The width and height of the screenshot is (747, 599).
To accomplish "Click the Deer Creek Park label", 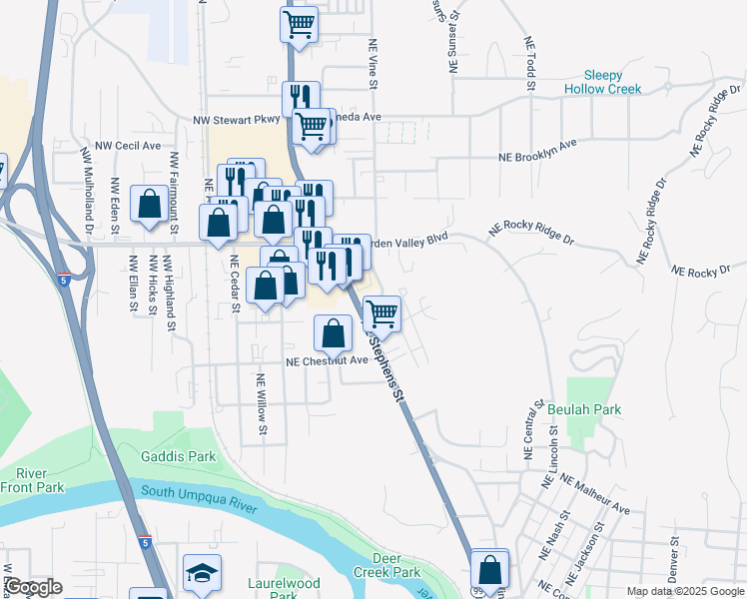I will tap(386, 565).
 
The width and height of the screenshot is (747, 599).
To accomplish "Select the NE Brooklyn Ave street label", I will tap(538, 151).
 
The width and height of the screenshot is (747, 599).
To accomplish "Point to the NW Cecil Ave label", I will tap(128, 145).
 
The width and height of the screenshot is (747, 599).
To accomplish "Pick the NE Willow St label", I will tap(262, 404).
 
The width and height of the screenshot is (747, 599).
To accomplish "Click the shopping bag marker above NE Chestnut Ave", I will tap(334, 332).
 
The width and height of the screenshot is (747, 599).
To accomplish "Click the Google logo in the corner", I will tap(32, 588).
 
